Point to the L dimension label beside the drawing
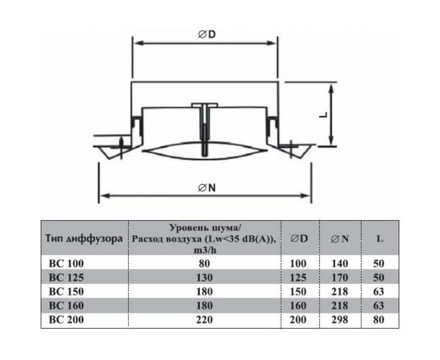pyautogui.click(x=325, y=114)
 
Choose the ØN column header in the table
pyautogui.click(x=339, y=238)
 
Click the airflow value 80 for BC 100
pyautogui.click(x=205, y=262)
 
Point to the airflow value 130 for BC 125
pyautogui.click(x=205, y=276)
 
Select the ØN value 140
pyautogui.click(x=339, y=262)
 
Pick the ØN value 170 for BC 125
pyautogui.click(x=339, y=276)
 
